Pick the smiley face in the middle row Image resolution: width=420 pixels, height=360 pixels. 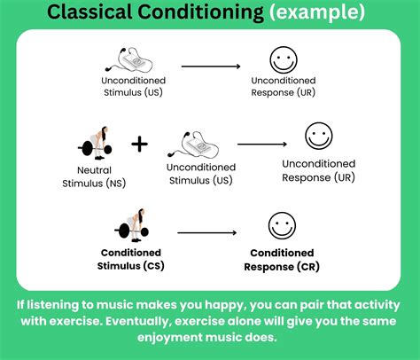click(x=318, y=137)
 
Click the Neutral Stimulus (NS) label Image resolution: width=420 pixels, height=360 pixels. click(x=101, y=178)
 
